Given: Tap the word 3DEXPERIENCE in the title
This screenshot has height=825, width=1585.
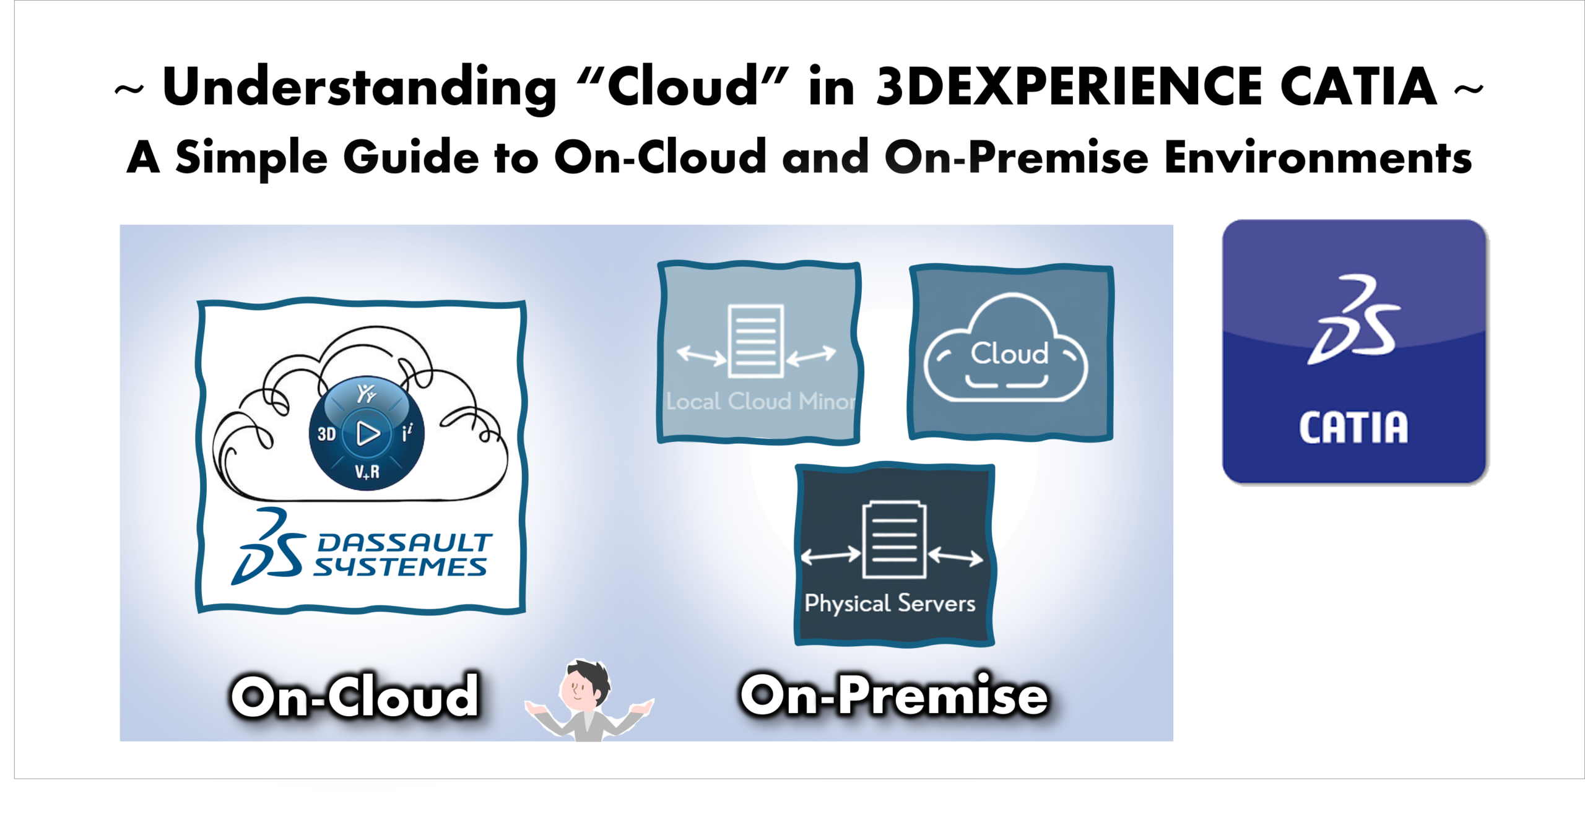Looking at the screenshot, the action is tap(1069, 87).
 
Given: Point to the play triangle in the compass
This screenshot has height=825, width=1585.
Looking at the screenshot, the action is tap(368, 433).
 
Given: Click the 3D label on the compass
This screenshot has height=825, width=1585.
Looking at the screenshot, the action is tap(326, 434).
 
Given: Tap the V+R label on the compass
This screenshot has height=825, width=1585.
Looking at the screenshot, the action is tap(367, 472).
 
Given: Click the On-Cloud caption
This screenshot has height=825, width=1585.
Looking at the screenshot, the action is tap(355, 696).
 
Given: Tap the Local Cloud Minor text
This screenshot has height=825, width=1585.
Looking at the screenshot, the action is tap(761, 402).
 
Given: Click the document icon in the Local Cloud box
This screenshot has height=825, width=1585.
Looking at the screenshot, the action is tap(756, 340).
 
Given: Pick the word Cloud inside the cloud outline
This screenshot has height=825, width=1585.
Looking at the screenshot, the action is tap(1009, 353).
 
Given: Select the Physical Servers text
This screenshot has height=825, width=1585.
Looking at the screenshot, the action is tap(890, 603).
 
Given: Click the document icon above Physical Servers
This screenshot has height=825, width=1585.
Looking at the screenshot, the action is tap(895, 540).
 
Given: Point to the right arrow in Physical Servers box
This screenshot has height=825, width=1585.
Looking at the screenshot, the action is tap(955, 556).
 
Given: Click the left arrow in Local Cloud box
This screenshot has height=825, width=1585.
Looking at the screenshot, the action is tap(702, 355).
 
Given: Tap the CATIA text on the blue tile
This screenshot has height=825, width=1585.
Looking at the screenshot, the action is tap(1353, 428).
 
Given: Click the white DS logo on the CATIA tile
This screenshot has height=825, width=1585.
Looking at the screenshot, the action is tap(1353, 319).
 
